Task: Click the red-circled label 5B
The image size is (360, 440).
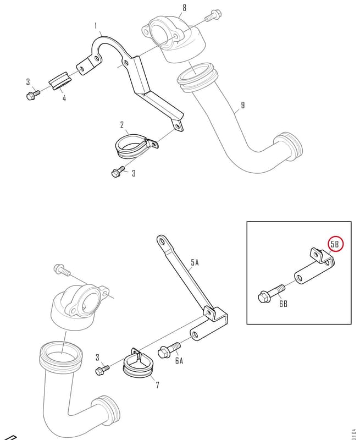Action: coord(335,244)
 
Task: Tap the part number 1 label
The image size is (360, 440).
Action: coord(96,26)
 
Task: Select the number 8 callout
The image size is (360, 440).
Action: coord(184,8)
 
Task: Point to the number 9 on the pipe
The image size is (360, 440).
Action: coord(243,105)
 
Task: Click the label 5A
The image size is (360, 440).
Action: coord(195,263)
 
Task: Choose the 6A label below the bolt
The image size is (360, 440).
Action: coord(179,360)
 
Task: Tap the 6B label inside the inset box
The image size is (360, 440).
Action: coord(283,304)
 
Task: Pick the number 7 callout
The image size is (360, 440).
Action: coord(157,385)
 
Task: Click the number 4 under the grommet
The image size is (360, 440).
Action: coord(64,98)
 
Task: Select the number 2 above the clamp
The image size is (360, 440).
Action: coord(122,125)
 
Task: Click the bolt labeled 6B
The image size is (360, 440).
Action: coord(271,293)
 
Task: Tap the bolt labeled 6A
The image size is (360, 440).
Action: coord(169,349)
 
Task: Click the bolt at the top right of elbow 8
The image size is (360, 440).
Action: coord(213,16)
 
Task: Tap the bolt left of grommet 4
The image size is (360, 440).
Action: coord(33,94)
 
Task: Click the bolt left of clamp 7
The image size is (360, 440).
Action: coord(102,369)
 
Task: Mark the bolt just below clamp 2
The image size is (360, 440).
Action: coord(118,171)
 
